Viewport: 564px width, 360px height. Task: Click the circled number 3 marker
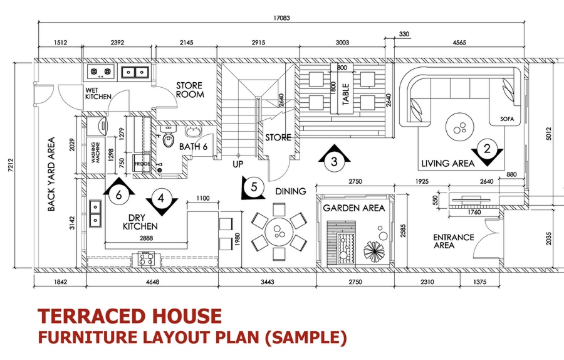point(334,161)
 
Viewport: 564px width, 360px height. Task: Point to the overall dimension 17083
point(282,19)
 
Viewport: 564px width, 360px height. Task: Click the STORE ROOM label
point(190,90)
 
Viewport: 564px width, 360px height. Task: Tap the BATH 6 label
point(193,147)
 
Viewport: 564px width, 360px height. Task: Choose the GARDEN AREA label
point(355,208)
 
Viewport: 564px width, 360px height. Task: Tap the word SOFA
point(507,119)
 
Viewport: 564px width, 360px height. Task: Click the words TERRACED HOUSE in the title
point(130,316)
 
